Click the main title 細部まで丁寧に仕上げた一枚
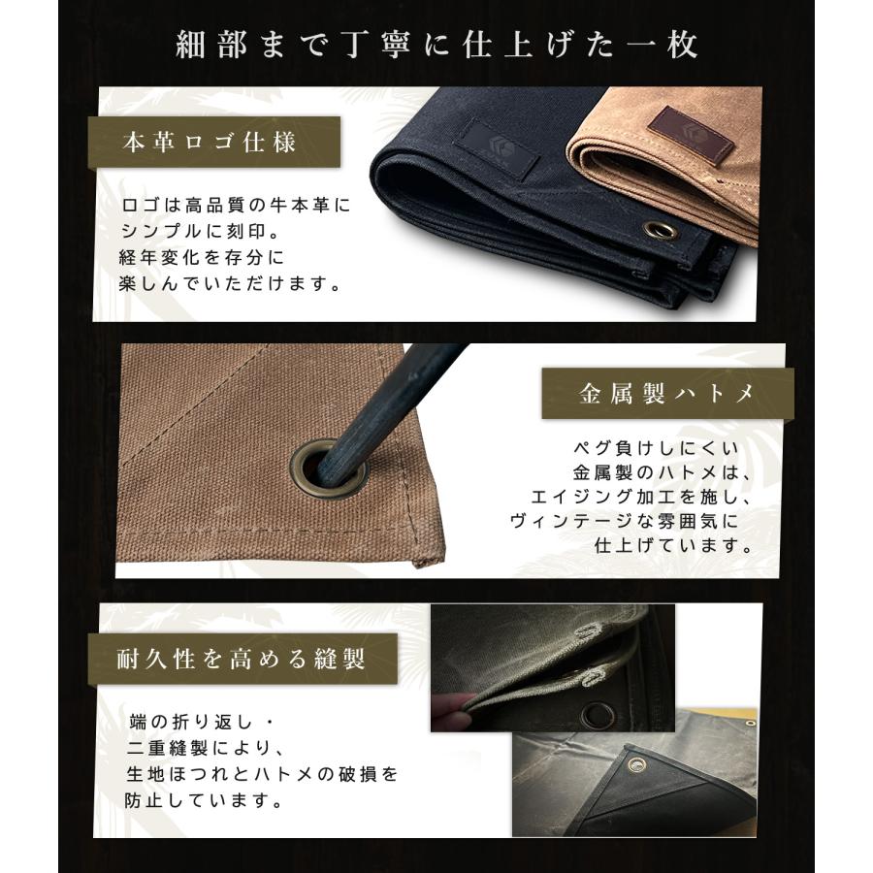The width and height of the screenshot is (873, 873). (x=436, y=45)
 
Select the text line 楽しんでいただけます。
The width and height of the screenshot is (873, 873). (x=235, y=285)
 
